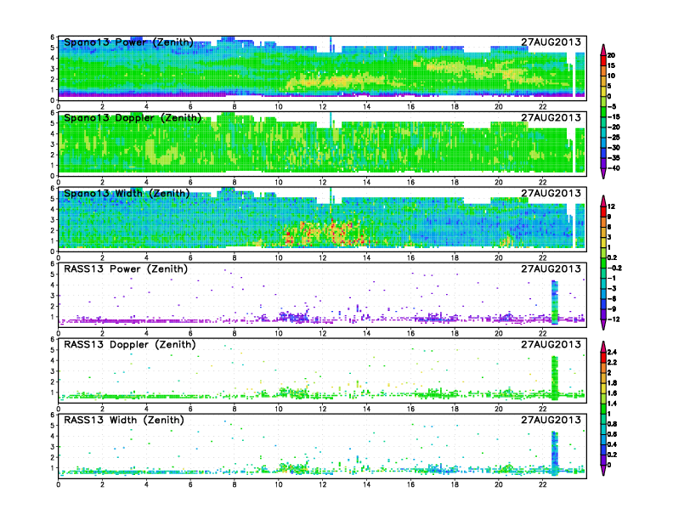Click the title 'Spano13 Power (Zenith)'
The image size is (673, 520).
click(x=127, y=42)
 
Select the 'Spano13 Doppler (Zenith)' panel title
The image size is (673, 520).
click(x=132, y=118)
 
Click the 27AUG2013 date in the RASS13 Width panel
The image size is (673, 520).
click(x=551, y=421)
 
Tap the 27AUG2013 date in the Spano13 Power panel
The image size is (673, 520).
click(x=551, y=42)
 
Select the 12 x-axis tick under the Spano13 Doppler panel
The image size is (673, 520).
click(x=322, y=181)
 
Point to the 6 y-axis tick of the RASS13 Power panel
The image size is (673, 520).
click(x=53, y=264)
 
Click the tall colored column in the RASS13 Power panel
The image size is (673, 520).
click(x=554, y=302)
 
